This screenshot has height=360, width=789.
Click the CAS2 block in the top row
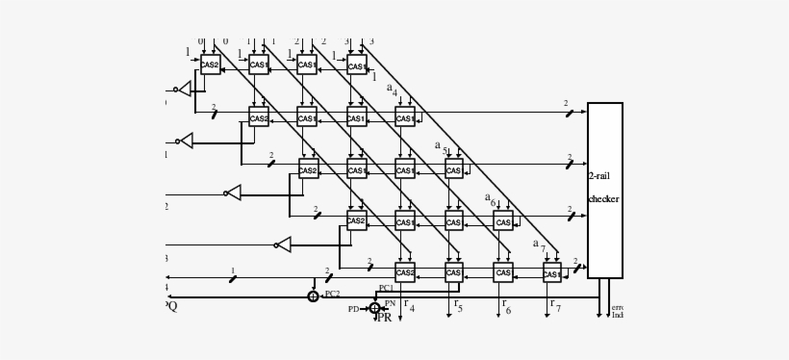coord(210,65)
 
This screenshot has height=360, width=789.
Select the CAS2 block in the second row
coord(258,118)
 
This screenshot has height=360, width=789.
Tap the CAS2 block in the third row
coord(308,170)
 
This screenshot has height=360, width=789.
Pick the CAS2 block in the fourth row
coord(356,221)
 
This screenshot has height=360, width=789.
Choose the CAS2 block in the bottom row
coord(405,273)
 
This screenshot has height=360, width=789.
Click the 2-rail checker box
coord(604,190)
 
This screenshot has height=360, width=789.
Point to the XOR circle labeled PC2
coord(313,296)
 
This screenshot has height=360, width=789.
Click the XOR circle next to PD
coord(374,308)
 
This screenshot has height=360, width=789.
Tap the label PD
coord(354,309)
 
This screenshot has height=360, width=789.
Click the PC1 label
coord(386,288)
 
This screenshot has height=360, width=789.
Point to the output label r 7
coord(554,306)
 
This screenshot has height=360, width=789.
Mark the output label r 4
coord(408,306)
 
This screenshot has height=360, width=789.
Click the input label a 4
coord(392,90)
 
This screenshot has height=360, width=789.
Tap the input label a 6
coord(490,198)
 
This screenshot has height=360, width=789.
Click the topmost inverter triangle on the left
coord(185,90)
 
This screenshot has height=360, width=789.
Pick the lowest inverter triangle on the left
coord(284,244)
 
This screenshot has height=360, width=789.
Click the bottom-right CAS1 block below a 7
coord(551,274)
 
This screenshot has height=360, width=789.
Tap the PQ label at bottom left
coord(171,306)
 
